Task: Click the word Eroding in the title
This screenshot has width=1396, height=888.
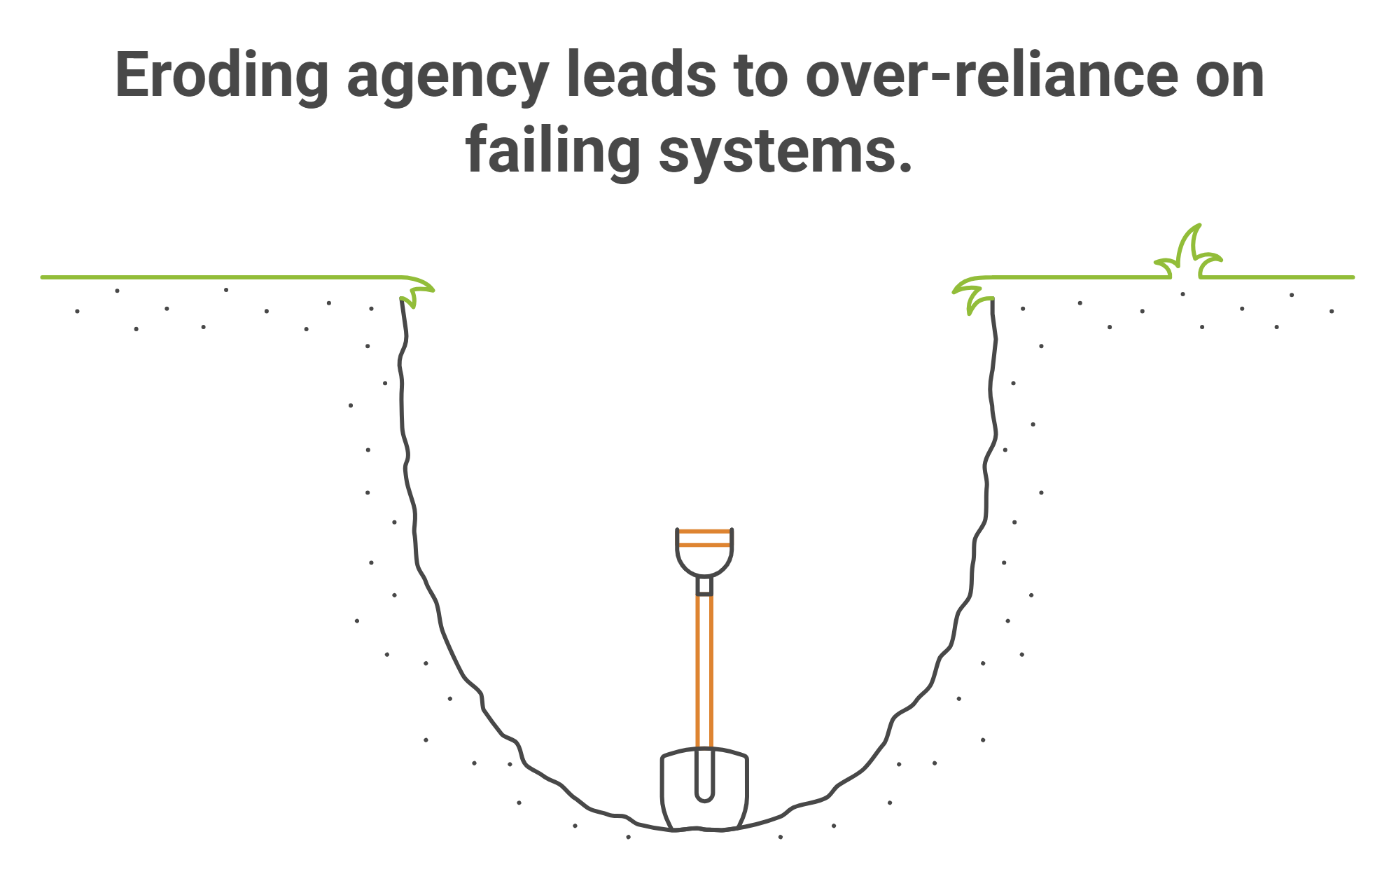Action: [x=221, y=76]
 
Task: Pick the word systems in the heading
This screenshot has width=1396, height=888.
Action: [x=777, y=153]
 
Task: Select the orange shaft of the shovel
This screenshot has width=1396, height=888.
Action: [x=704, y=672]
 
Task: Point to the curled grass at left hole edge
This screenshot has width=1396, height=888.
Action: [x=417, y=291]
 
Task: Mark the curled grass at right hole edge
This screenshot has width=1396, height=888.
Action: [x=974, y=293]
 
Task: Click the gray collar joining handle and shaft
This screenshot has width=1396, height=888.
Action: [x=704, y=585]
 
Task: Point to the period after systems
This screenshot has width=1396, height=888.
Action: [x=906, y=167]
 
